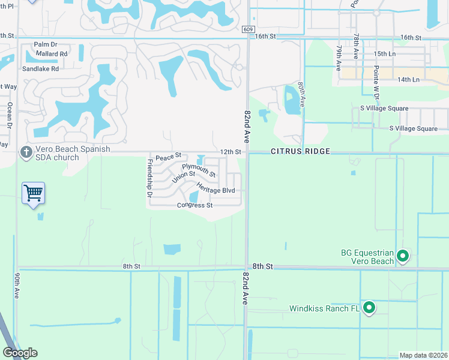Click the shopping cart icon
click(x=34, y=193)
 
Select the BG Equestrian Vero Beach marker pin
click(x=403, y=257)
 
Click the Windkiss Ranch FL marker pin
click(x=369, y=308)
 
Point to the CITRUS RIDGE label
click(x=300, y=152)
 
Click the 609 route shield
click(x=249, y=29)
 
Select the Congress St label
click(x=195, y=205)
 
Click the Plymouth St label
click(x=199, y=170)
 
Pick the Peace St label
click(x=168, y=157)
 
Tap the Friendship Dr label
click(x=149, y=178)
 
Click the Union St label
click(x=184, y=177)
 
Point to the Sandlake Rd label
click(x=41, y=69)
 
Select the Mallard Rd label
click(x=51, y=53)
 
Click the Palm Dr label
click(x=45, y=44)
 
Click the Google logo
click(x=20, y=353)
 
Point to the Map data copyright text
click(x=424, y=355)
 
